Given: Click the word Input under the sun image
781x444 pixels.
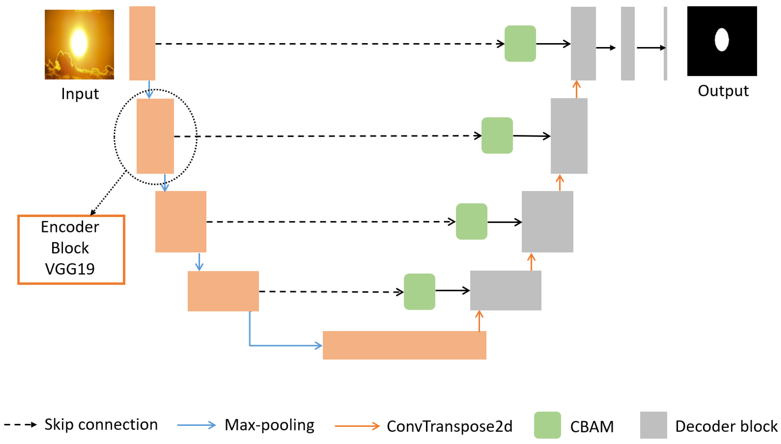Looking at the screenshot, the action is point(80,94).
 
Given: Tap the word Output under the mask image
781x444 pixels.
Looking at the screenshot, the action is point(723,91).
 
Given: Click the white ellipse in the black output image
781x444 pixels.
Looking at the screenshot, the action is point(721,40).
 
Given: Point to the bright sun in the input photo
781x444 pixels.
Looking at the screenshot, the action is point(79,43).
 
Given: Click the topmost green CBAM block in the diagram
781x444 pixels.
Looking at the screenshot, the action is point(520,44).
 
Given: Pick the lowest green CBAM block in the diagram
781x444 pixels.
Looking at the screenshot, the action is point(419,292).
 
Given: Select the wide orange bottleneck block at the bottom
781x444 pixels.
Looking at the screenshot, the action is point(404,345).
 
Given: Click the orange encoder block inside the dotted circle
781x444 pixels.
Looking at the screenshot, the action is point(155,136).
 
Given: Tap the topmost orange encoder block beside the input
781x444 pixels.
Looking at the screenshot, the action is point(142,43).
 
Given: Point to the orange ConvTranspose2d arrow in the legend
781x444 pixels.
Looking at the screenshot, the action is point(357,426).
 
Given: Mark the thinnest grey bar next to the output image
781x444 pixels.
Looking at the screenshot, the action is point(665,43).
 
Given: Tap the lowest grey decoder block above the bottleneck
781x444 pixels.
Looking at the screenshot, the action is point(506,290).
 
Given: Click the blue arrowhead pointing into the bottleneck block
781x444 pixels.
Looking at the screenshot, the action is point(319,345).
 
